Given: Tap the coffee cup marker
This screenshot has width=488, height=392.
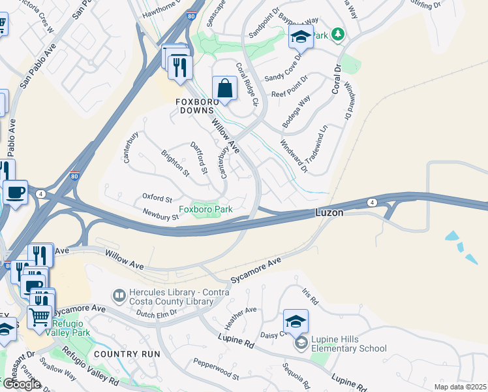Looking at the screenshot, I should pos(15,193).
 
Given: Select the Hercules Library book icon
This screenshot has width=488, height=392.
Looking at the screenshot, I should pos(119,296).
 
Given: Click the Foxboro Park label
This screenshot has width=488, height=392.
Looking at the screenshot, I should pos(206,210).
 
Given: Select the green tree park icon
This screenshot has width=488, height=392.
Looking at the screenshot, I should pos(337,34).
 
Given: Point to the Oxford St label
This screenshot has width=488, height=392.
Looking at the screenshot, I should pos(157,198).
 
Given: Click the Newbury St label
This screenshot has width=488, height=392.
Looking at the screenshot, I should pos(160,214).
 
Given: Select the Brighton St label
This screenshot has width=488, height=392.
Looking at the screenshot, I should pos(175,163).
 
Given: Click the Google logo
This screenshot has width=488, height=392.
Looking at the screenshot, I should pos(22,384).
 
